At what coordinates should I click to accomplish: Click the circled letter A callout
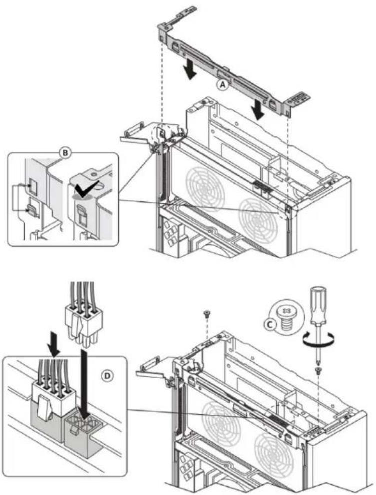point(223,84)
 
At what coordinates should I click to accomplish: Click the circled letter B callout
point(65,153)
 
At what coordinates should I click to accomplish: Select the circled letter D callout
point(108,375)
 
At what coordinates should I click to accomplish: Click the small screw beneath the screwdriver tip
point(317,370)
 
